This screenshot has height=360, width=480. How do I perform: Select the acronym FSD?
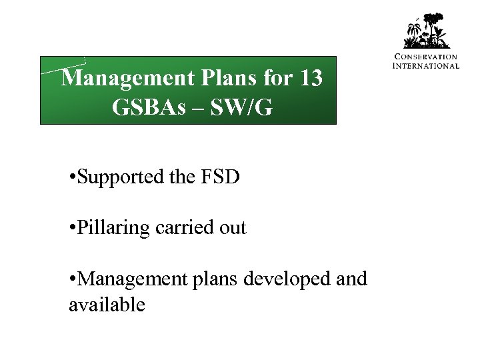pos(223,178)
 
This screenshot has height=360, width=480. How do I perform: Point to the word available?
pos(106,305)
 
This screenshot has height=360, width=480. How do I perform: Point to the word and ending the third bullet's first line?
pos(352,278)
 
